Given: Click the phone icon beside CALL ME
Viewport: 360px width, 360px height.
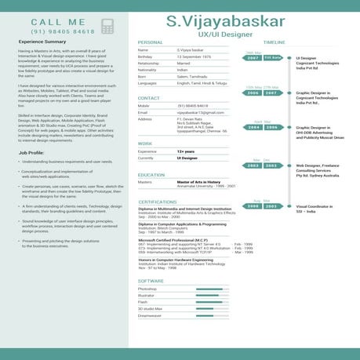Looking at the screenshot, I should click(x=107, y=26).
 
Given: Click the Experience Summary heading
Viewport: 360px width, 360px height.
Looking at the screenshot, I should click(x=42, y=42).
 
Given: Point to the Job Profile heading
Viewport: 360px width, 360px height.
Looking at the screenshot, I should click(x=31, y=152).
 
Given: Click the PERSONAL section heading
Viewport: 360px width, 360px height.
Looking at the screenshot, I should click(x=150, y=42).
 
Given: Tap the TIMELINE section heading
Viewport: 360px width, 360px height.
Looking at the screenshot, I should click(x=274, y=42).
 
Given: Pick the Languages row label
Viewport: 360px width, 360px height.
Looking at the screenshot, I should click(x=147, y=82).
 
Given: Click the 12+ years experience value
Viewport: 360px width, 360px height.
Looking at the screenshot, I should click(x=186, y=151).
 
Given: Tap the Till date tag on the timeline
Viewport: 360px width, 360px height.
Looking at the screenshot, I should click(x=272, y=57).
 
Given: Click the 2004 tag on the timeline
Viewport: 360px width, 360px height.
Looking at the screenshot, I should click(x=253, y=126).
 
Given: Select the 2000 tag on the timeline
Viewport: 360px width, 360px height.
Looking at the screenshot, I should click(x=253, y=205).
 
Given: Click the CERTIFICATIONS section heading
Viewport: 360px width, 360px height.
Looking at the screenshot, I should click(x=157, y=202).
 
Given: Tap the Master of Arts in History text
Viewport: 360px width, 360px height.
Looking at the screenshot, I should click(x=200, y=180).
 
